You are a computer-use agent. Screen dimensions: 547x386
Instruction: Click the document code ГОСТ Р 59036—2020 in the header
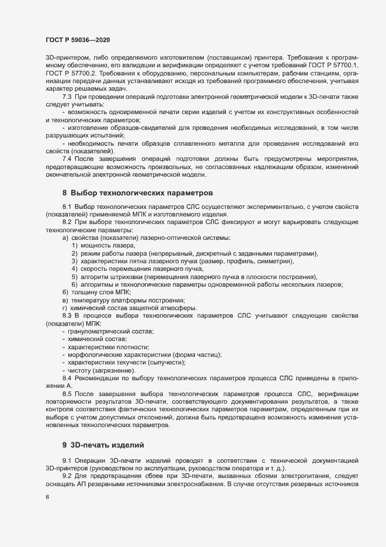click(75, 40)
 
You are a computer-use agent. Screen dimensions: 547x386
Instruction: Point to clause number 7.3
click(67, 95)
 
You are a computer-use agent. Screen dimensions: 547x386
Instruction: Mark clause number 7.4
click(67, 142)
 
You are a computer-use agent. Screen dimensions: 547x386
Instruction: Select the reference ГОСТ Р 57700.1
click(332, 66)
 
